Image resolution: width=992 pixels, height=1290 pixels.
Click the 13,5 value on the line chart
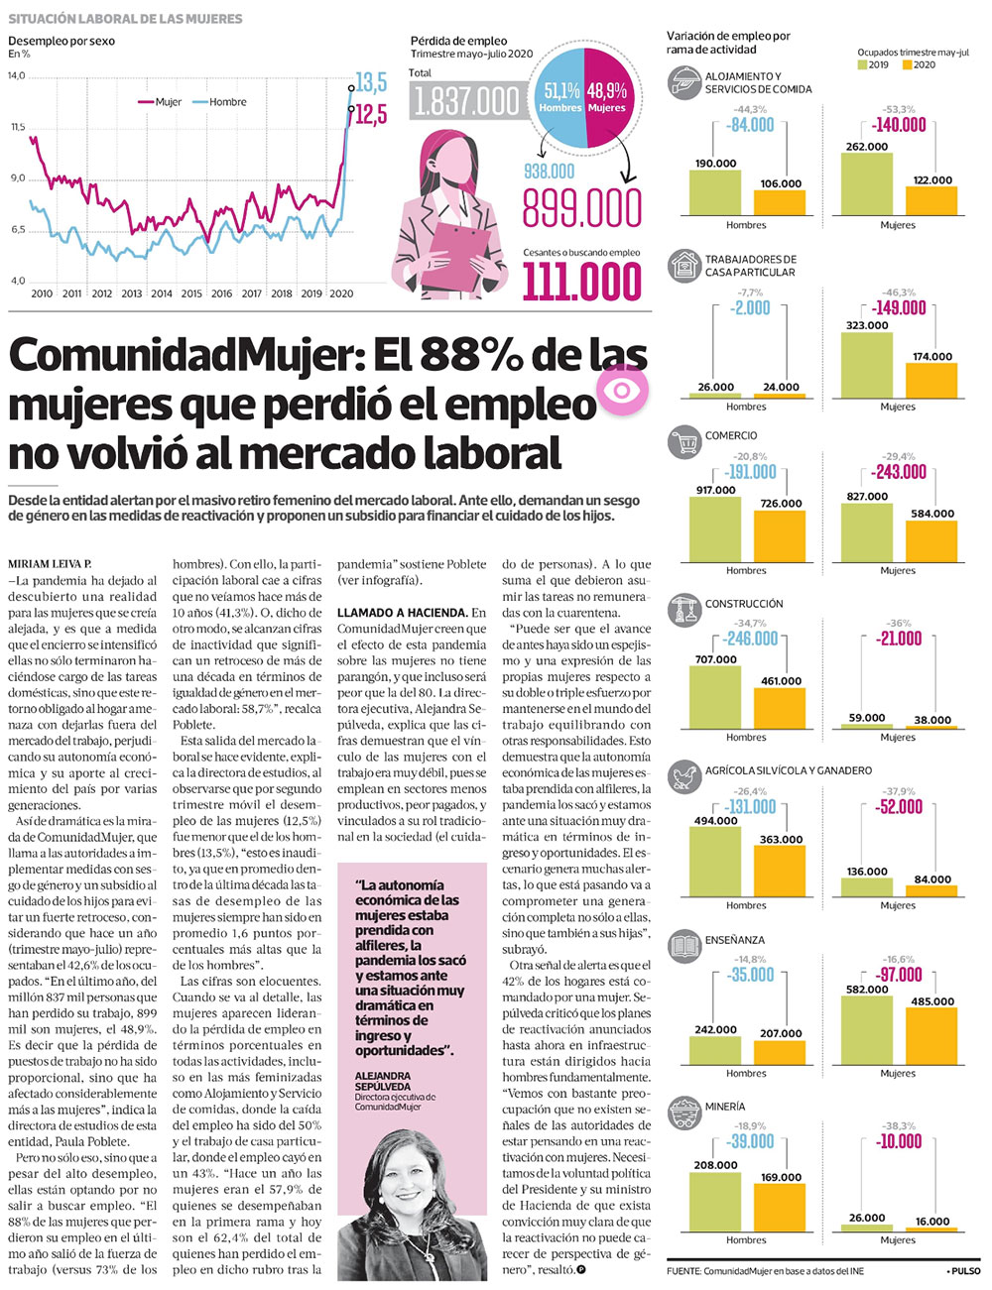(370, 82)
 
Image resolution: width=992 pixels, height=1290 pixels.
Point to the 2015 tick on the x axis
(191, 293)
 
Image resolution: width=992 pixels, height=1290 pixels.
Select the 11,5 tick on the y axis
(18, 127)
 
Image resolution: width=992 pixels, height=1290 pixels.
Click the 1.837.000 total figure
(465, 101)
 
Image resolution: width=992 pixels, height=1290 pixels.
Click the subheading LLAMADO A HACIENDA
(402, 613)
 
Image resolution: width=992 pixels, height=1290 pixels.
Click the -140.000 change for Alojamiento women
(898, 126)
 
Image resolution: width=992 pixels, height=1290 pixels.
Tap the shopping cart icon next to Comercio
(683, 442)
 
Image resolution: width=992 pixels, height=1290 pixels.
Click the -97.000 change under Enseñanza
(898, 975)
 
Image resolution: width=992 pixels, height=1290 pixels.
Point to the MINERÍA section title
(724, 1106)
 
